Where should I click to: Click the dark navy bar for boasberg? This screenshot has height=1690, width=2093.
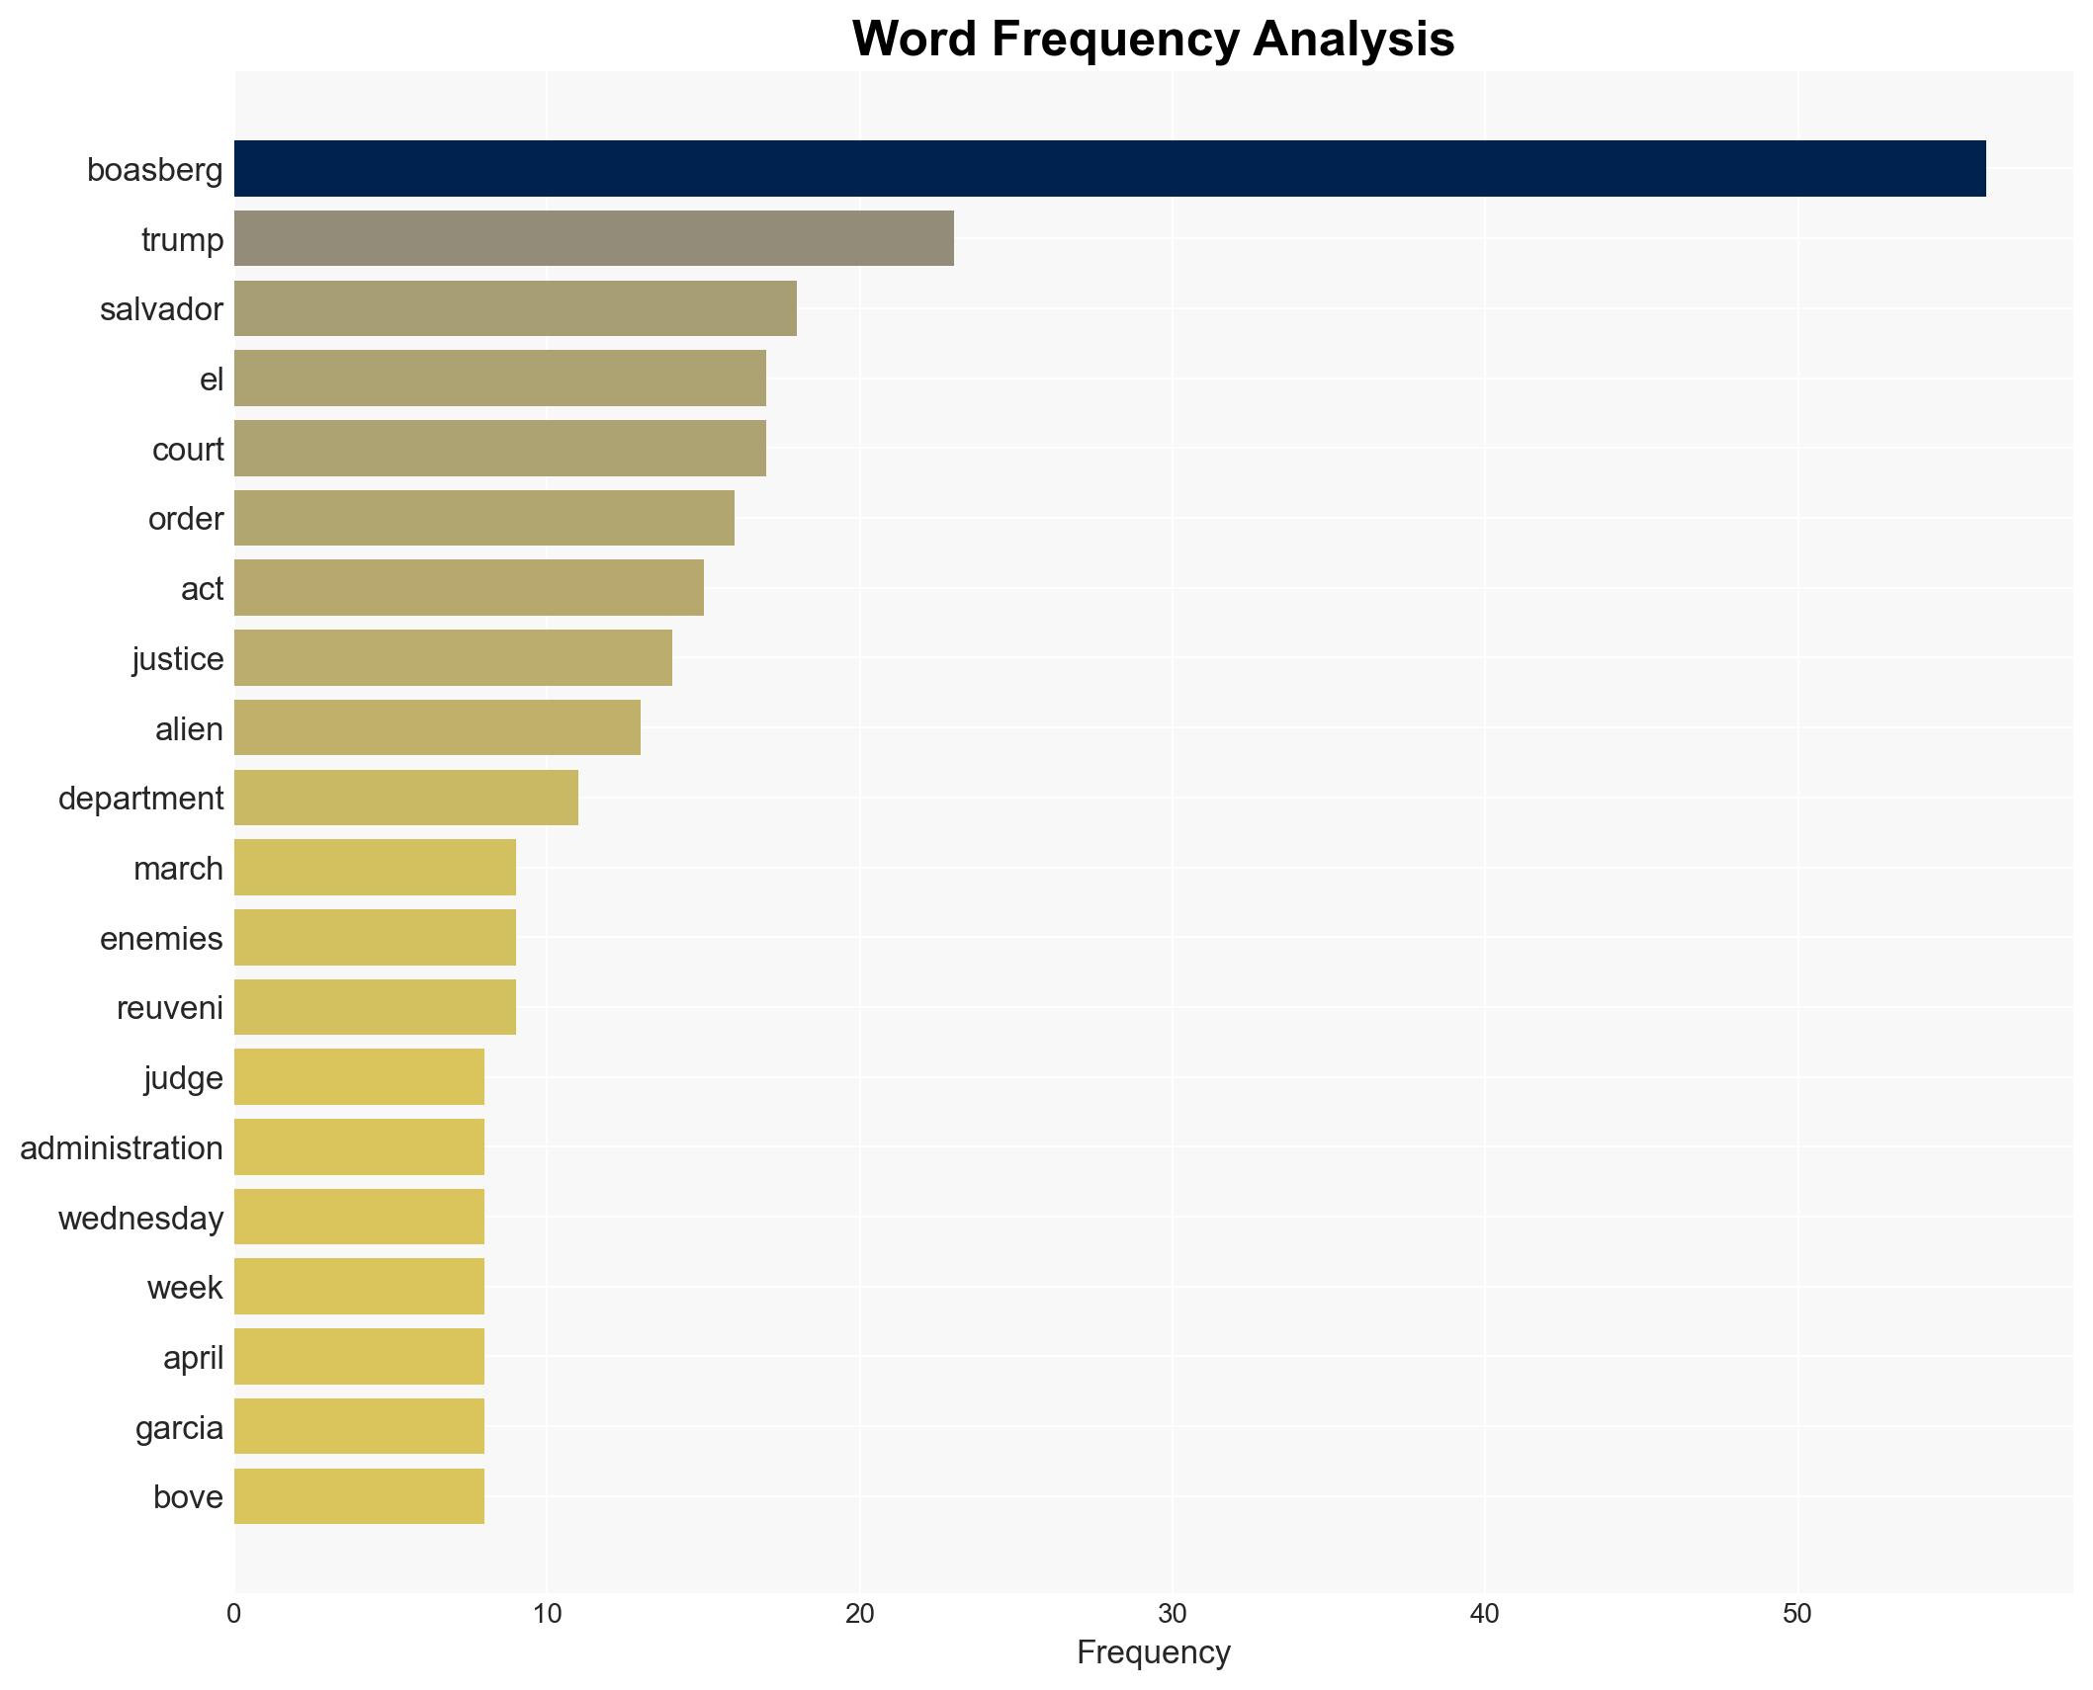pyautogui.click(x=1109, y=169)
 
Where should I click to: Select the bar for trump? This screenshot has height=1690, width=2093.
pyautogui.click(x=593, y=238)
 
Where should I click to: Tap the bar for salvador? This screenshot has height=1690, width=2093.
pyautogui.click(x=515, y=308)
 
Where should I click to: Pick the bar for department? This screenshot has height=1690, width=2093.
pyautogui.click(x=405, y=798)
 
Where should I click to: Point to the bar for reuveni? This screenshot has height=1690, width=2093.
pyautogui.click(x=375, y=1007)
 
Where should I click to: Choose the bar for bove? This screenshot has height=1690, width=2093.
pyautogui.click(x=359, y=1496)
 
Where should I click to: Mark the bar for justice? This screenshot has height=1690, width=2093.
pyautogui.click(x=453, y=658)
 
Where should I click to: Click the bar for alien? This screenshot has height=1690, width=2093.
pyautogui.click(x=437, y=727)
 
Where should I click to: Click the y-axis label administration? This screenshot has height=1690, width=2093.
pyautogui.click(x=122, y=1147)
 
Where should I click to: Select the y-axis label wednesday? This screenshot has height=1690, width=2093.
pyautogui.click(x=140, y=1218)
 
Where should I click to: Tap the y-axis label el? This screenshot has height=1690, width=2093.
pyautogui.click(x=212, y=379)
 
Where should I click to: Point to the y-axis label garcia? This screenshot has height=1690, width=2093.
pyautogui.click(x=179, y=1427)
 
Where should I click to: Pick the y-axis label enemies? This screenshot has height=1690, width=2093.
pyautogui.click(x=161, y=938)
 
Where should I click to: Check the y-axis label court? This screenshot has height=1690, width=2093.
pyautogui.click(x=188, y=449)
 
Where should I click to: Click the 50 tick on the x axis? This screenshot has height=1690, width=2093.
pyautogui.click(x=1796, y=1614)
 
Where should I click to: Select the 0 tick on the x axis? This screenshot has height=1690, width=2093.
pyautogui.click(x=234, y=1614)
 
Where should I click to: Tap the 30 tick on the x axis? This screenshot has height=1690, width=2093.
pyautogui.click(x=1172, y=1614)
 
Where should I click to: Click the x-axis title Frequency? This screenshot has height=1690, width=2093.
pyautogui.click(x=1153, y=1651)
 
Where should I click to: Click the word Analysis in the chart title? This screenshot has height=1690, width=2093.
pyautogui.click(x=1353, y=40)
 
